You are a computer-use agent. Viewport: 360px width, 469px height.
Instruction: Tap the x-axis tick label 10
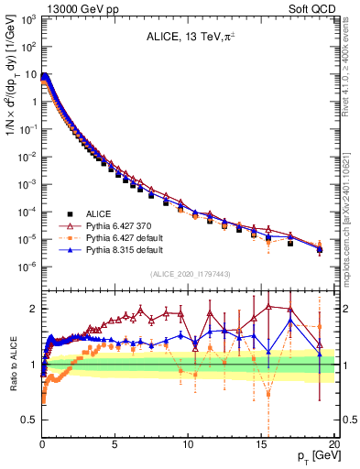pyautogui.click(x=189, y=443)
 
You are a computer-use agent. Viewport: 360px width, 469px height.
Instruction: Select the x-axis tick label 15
pyautogui.click(x=262, y=443)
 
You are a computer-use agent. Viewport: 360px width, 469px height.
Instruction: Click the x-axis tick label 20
pyautogui.click(x=334, y=443)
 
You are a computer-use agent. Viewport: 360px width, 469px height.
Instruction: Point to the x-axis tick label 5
pyautogui.click(x=115, y=443)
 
